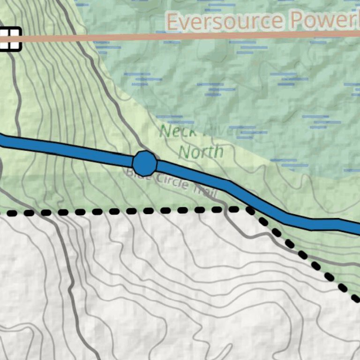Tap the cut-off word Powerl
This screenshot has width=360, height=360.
(x=324, y=21)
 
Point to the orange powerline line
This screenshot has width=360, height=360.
(x=141, y=37)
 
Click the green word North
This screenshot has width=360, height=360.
(x=201, y=151)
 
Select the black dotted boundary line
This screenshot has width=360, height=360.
(x=117, y=211)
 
